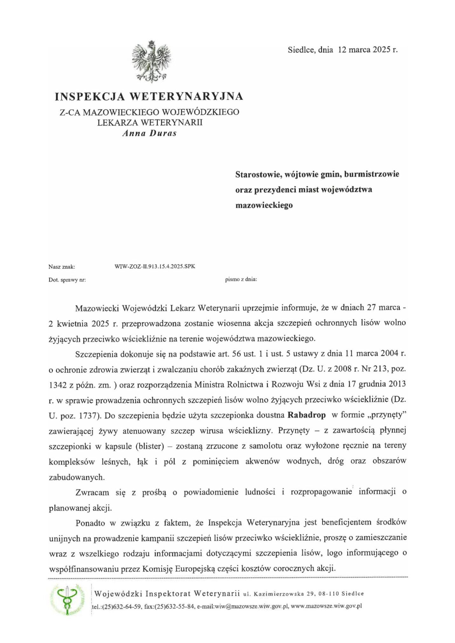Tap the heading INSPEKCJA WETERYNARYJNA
149,96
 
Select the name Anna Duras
149,133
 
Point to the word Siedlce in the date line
300,50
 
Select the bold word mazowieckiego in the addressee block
264,205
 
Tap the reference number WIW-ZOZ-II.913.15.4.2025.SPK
155,266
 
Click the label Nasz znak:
62,267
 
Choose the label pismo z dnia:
241,280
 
